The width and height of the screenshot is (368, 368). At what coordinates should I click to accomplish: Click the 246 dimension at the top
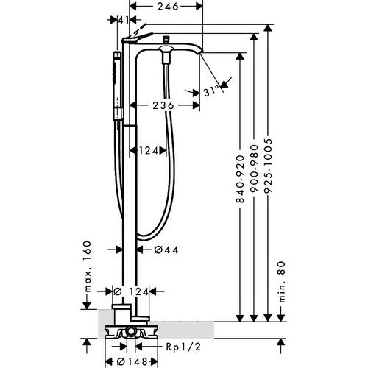click(168, 7)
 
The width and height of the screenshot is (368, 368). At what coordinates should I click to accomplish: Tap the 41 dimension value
click(124, 20)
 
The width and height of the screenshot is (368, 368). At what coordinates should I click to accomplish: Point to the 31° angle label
click(211, 90)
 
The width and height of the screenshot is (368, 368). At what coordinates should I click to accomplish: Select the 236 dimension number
click(163, 105)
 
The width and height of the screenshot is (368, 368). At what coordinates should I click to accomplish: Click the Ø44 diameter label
click(166, 250)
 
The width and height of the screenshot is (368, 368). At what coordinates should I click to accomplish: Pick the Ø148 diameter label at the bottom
click(132, 361)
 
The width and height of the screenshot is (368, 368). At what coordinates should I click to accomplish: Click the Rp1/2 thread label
click(183, 347)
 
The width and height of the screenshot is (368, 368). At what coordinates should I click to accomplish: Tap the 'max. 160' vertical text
click(88, 266)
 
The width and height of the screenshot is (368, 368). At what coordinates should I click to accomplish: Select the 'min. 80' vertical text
click(282, 282)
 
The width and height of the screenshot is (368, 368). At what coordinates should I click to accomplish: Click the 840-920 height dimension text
click(241, 179)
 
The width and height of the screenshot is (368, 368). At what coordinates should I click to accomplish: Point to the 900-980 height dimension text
click(255, 169)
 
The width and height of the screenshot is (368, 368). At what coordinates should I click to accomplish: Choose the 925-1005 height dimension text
click(269, 166)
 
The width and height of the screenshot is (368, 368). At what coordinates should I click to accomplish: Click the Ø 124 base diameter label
click(131, 291)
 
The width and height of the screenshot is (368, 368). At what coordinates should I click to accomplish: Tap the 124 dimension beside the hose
click(149, 150)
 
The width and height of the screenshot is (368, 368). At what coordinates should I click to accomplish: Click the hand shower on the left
click(118, 86)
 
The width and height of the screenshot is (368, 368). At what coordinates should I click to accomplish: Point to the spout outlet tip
click(200, 52)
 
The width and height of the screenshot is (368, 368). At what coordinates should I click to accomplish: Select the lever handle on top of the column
click(137, 38)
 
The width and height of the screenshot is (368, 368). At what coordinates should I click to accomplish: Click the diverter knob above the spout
click(166, 39)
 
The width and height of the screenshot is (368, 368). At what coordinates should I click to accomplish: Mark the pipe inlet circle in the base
click(131, 332)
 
